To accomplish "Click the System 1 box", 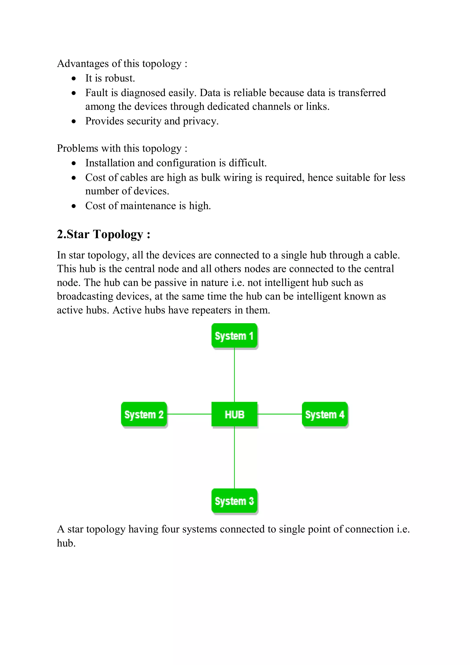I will pos(234,336).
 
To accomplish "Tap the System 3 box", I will pos(234,501).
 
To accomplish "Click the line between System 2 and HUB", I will pos(189,414).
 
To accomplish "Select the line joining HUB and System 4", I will pos(280,414).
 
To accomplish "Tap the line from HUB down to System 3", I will pos(234,458).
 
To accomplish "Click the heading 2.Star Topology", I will pos(103,234).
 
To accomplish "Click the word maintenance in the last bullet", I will pos(148,206).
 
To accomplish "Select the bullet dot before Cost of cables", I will pos(74,178).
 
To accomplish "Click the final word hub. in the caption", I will pos(66,543).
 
